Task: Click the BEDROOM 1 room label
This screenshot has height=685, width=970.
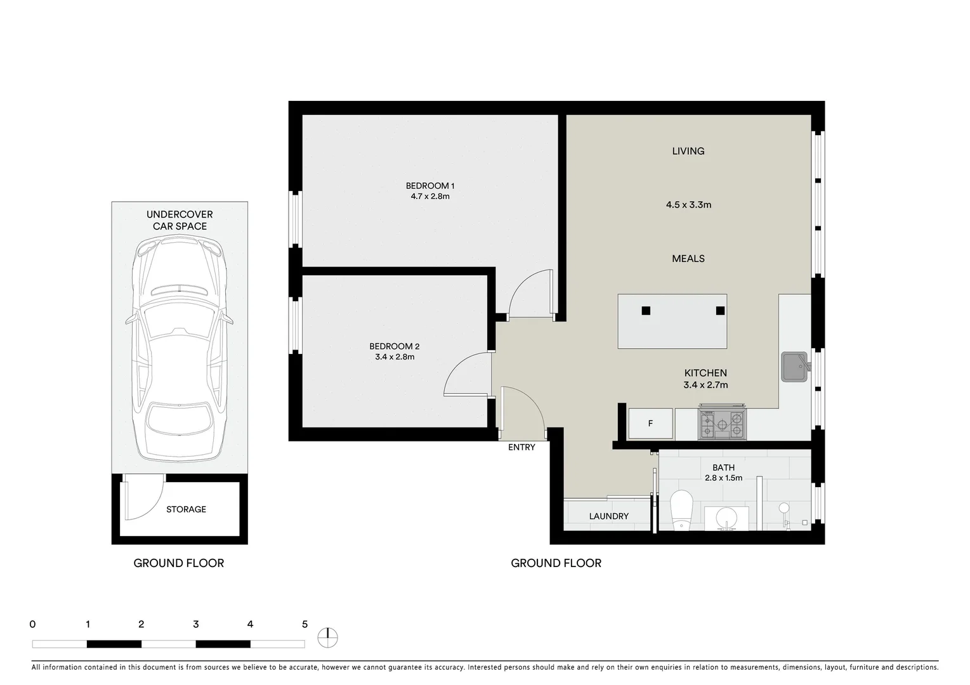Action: click(430, 186)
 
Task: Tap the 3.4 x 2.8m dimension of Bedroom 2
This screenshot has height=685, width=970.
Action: click(395, 357)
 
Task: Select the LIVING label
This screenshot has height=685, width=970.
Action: click(688, 151)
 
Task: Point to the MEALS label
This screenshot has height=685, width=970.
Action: click(688, 259)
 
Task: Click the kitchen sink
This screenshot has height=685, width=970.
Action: click(794, 367)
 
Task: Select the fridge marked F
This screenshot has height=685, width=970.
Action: click(650, 424)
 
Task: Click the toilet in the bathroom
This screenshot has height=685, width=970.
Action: click(681, 509)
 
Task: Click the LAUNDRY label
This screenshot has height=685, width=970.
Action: click(608, 516)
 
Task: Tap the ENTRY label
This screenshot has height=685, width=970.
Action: click(521, 447)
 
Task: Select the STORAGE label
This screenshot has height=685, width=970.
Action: click(186, 509)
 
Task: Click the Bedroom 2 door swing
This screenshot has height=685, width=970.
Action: click(466, 374)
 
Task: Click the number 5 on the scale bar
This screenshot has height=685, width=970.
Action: click(305, 624)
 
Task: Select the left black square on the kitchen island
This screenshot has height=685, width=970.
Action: click(646, 311)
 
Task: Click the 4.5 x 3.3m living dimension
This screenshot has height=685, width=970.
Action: click(688, 205)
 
